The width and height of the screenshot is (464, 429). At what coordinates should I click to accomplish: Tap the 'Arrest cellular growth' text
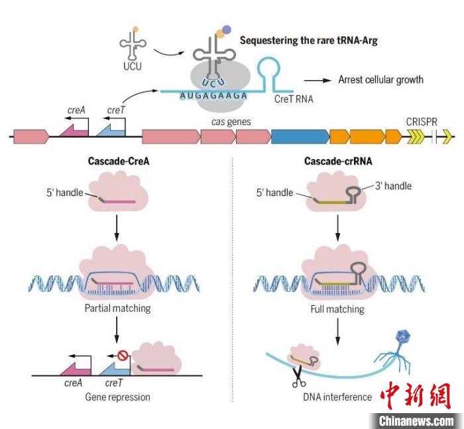[380, 80]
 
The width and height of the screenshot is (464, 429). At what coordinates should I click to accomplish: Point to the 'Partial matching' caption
[117, 309]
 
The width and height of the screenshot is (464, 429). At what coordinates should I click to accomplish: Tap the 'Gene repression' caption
[117, 397]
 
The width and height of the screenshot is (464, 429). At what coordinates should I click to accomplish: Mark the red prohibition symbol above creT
[123, 357]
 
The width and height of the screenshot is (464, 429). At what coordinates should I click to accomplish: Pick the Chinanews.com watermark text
[416, 420]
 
